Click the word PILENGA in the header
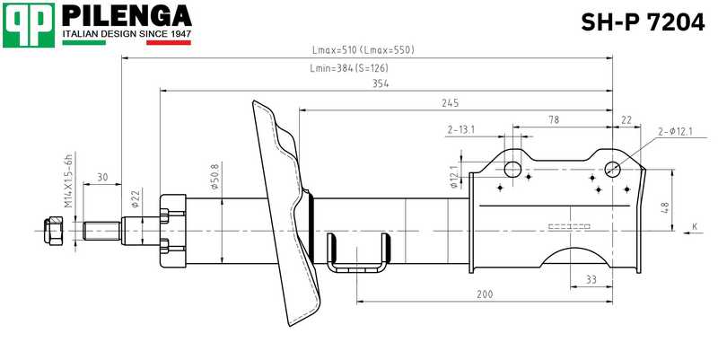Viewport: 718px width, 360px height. (x=126, y=15)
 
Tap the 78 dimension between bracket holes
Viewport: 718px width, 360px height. (x=554, y=119)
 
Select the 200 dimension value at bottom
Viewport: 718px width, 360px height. (x=485, y=294)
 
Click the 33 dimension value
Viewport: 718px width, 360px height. (x=591, y=280)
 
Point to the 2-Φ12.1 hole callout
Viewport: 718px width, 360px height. (x=675, y=132)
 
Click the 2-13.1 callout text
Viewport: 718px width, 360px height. (x=460, y=129)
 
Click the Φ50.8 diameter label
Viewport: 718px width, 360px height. (x=214, y=180)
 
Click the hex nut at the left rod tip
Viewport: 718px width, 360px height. (x=53, y=231)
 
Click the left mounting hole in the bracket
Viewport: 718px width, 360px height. (x=512, y=169)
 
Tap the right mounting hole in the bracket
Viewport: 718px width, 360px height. (x=613, y=167)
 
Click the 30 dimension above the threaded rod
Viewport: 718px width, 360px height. (x=102, y=177)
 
